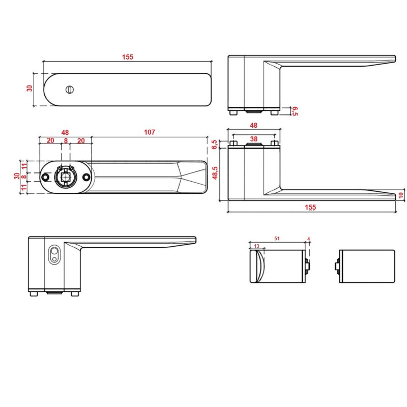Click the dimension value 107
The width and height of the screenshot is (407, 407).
point(149,132)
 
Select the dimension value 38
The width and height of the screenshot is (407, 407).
point(253,139)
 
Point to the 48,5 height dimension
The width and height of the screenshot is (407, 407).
point(215,173)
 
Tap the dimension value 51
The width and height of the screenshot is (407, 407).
point(277,238)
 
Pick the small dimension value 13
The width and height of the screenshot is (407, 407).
point(257,246)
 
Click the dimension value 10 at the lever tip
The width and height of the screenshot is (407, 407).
point(401,195)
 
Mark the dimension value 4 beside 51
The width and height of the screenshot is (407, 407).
point(308,239)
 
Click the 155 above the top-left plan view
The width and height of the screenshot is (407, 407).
point(128,57)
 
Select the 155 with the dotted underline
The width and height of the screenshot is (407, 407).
point(310,207)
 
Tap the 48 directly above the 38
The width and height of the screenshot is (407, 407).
point(253,125)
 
